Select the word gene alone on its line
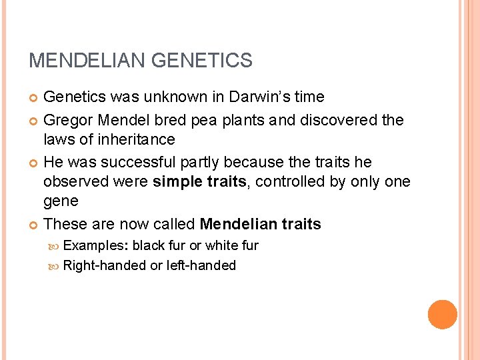click(x=61, y=201)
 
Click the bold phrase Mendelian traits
click(x=260, y=224)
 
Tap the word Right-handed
click(x=104, y=265)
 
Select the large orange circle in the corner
click(x=443, y=314)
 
